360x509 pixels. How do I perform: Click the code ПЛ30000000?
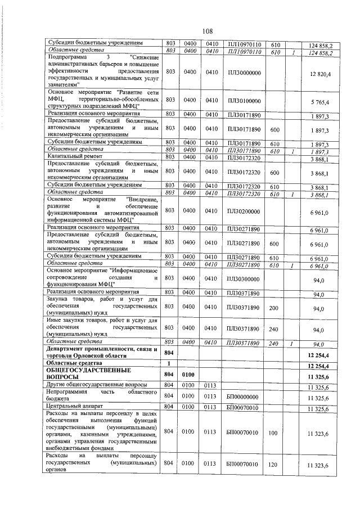pos(244,73)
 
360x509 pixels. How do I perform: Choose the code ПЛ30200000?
pos(244,210)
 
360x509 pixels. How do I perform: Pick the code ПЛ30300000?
pos(244,279)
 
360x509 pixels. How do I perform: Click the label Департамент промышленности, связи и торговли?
pos(102,353)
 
